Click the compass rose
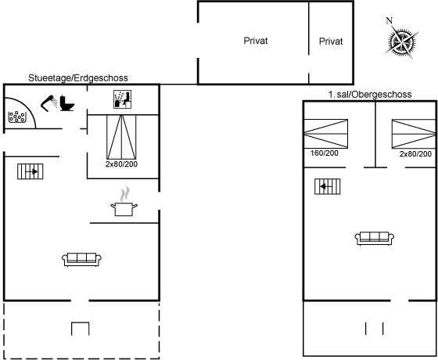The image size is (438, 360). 402,42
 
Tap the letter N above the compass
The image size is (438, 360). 390,20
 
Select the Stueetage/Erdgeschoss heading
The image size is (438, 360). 78,78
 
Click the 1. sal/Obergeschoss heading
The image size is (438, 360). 370,95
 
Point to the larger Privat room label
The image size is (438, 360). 256,41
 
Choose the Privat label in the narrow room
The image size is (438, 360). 331,41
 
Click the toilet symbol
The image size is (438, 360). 67,103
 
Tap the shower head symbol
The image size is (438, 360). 49,103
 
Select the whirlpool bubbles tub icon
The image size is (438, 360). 17,117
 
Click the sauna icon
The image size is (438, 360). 122,99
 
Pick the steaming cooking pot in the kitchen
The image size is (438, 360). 124,202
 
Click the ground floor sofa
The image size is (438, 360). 81,259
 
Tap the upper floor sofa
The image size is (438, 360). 375,239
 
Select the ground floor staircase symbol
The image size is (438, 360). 31,171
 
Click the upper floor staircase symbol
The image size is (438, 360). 328,186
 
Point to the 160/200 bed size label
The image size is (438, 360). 325,153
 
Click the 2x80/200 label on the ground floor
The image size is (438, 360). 121,164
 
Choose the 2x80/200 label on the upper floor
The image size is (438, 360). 415,154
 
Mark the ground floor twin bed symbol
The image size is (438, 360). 121,137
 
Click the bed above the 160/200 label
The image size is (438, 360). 325,134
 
